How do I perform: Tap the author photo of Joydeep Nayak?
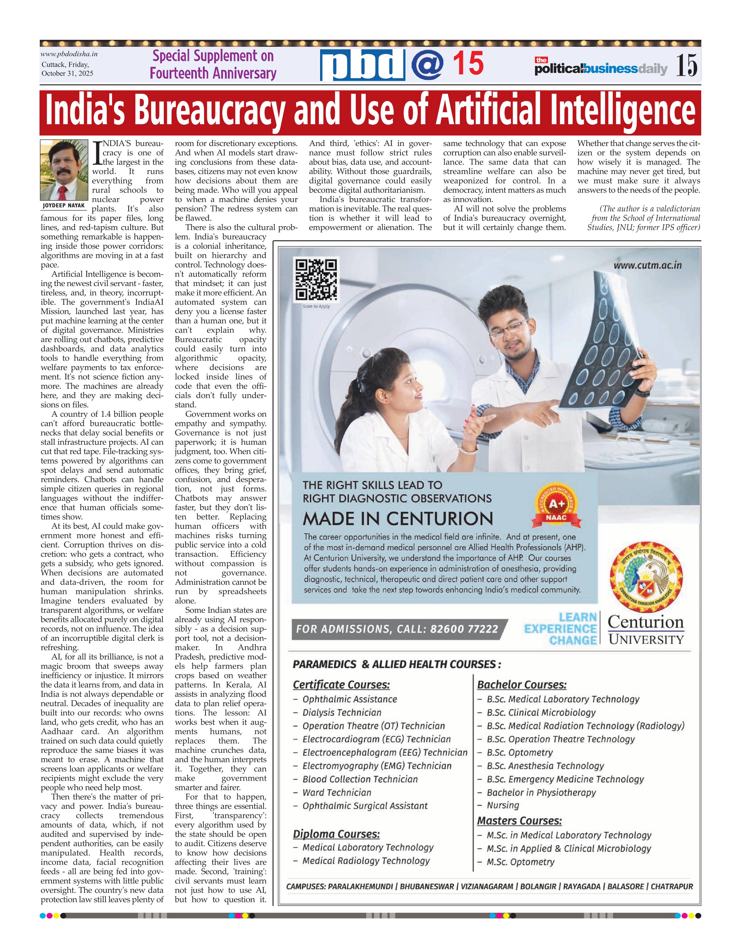click(x=64, y=170)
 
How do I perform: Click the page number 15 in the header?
click(x=686, y=65)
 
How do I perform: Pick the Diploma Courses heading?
click(x=336, y=834)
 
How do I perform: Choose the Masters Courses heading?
click(x=519, y=821)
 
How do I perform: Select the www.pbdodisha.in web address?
click(x=69, y=54)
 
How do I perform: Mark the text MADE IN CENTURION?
click(x=398, y=519)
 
